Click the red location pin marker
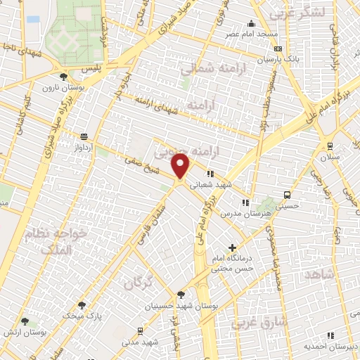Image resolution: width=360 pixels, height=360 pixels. [181, 166]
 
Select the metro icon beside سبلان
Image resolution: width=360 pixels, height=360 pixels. [330, 146]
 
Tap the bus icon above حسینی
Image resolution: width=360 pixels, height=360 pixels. [287, 195]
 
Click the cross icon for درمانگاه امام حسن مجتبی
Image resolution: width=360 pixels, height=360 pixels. [232, 247]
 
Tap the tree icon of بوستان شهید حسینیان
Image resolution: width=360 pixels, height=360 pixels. [181, 295]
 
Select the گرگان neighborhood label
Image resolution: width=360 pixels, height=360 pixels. [139, 283]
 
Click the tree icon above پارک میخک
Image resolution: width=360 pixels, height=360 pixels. [82, 305]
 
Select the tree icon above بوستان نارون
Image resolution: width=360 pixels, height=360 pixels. [63, 77]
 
